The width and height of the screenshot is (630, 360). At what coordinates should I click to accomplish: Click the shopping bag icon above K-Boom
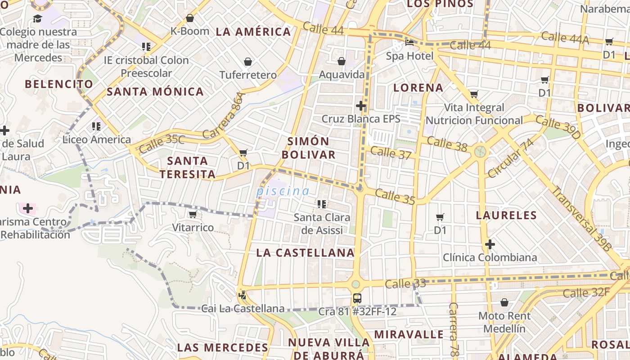click(x=190, y=18)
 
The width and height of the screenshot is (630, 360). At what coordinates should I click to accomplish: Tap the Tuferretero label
click(x=248, y=75)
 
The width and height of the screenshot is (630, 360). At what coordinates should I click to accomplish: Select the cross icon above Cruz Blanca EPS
click(x=360, y=106)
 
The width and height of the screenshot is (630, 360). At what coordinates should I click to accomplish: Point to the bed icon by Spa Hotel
click(x=409, y=43)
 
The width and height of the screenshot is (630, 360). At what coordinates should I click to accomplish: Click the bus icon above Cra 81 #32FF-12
click(x=357, y=298)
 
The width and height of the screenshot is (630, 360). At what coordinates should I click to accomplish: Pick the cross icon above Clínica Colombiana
click(x=490, y=244)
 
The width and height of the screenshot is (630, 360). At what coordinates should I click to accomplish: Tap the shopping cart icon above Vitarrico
click(x=193, y=215)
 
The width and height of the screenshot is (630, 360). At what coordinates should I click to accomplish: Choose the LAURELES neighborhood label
click(x=506, y=215)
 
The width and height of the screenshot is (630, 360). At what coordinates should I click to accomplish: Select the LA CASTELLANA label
click(x=306, y=253)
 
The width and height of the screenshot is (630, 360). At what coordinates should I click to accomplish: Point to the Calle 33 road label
click(x=405, y=283)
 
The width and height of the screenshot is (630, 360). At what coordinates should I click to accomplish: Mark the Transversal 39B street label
click(x=581, y=219)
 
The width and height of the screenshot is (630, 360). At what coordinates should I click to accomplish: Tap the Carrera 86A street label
click(x=223, y=116)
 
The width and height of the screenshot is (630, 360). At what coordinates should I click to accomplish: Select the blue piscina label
click(x=283, y=191)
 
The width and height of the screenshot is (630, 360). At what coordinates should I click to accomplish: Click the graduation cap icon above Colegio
click(x=37, y=18)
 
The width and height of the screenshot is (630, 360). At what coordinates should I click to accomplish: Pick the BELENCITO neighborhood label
click(x=59, y=84)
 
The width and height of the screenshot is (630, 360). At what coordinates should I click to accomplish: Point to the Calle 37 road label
click(x=391, y=153)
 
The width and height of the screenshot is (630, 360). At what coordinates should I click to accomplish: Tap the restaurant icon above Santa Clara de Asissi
click(x=322, y=204)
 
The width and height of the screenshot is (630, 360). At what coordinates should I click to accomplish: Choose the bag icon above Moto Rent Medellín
click(x=504, y=302)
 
